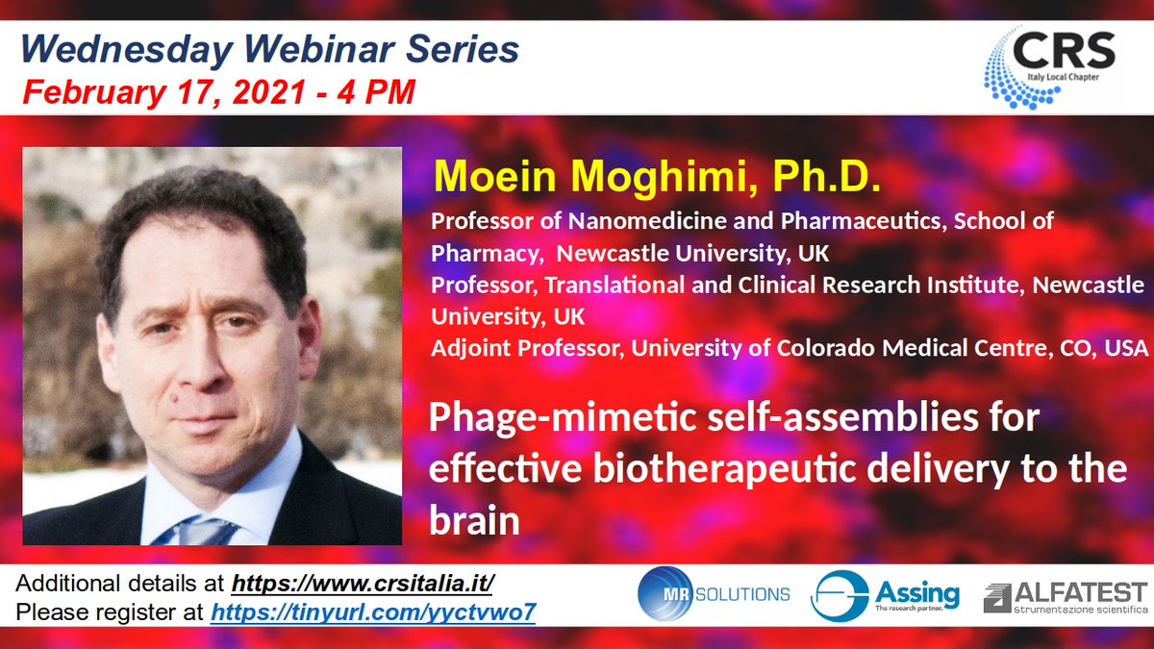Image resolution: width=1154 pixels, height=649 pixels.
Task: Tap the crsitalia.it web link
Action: tap(364, 585)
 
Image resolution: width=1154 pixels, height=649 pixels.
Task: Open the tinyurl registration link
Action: tap(373, 612)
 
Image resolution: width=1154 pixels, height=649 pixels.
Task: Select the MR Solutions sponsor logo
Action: tap(715, 593)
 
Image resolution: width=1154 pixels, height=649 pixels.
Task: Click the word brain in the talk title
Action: tap(474, 520)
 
